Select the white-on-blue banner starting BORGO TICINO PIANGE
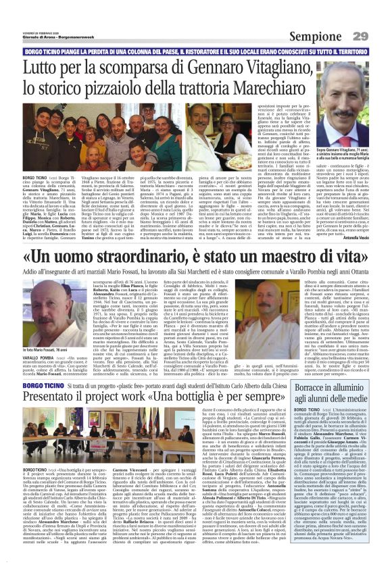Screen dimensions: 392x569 tap(196, 51)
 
